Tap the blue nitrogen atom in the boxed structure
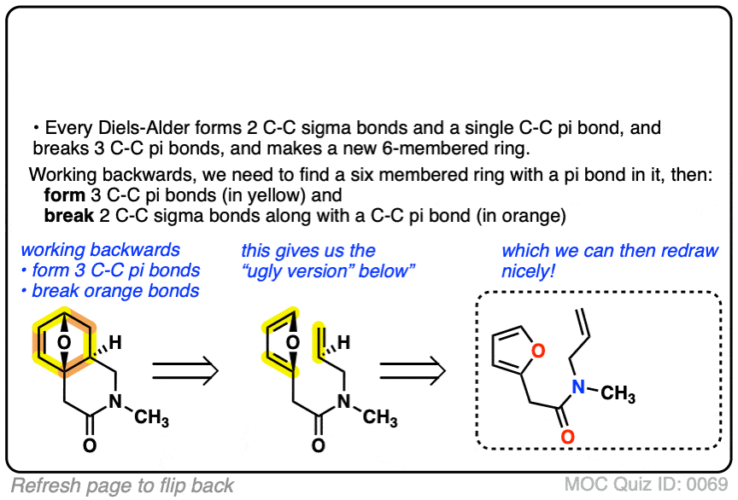[x=578, y=388]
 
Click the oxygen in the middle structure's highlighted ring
[x=292, y=343]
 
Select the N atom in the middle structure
[x=343, y=403]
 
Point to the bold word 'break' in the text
[x=67, y=216]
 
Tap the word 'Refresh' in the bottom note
[x=43, y=485]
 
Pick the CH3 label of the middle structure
[x=381, y=418]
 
